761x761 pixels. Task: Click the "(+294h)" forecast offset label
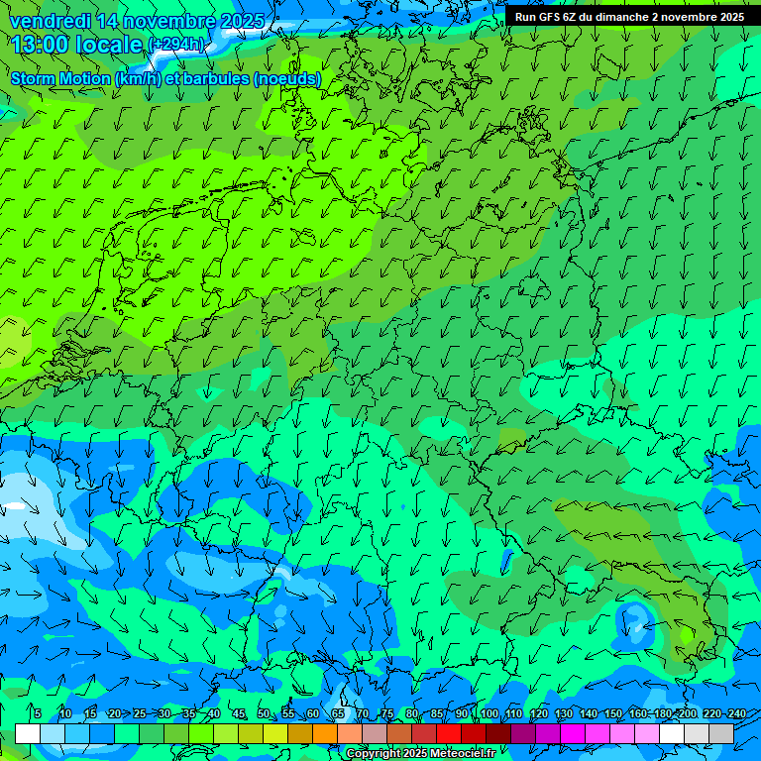pos(176,45)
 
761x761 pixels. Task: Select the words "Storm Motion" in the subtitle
pos(59,78)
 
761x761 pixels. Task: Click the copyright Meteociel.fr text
pos(420,754)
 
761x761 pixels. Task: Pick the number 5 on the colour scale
pos(37,713)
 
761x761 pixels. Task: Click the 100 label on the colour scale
pos(489,713)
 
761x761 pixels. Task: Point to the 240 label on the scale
pos(736,713)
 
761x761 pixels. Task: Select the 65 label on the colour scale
pos(338,713)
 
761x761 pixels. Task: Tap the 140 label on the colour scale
pos(589,713)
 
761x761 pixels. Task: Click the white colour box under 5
pos(28,733)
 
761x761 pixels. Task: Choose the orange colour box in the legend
pos(325,733)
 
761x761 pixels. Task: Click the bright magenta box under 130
pos(573,733)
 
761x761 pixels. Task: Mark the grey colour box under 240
pos(721,733)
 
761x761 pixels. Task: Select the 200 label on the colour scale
pos(687,713)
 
